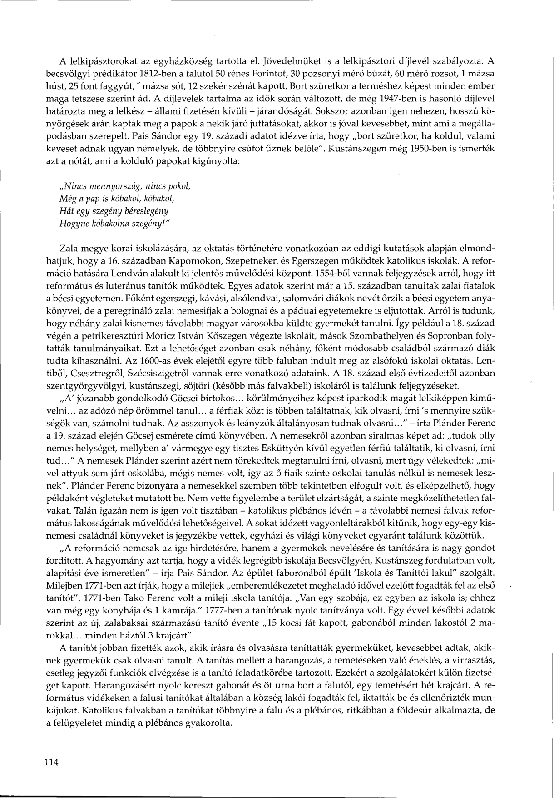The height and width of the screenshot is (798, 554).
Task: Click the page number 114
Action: coord(52,762)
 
